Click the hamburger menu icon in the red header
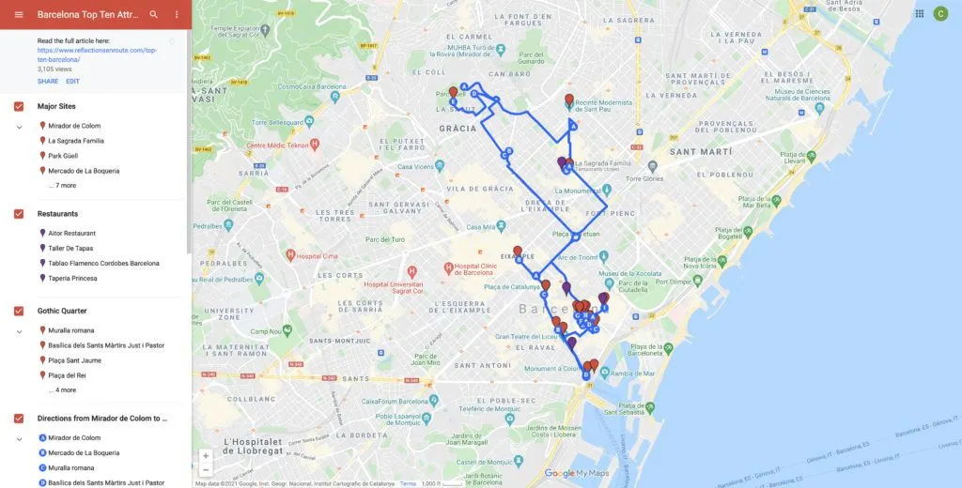pos(19,15)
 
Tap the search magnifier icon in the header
pos(154,15)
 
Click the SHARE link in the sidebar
pos(48,82)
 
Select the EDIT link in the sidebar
pos(72,82)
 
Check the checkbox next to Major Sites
pos(19,106)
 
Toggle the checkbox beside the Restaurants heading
pos(19,214)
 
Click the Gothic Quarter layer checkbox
pos(19,311)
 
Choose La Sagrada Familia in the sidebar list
pos(75,141)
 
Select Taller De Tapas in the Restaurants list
pos(70,249)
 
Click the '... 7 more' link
pos(62,186)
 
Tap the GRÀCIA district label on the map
pos(458,129)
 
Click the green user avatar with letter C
pos(939,13)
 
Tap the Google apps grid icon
pos(919,13)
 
